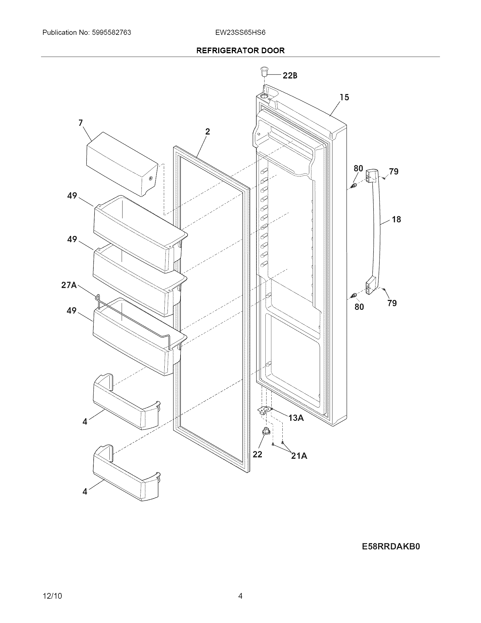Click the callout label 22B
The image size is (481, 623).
click(290, 76)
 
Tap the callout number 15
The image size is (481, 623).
click(344, 98)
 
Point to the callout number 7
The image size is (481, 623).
click(81, 123)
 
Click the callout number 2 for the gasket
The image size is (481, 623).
click(207, 131)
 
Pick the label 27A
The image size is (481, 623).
click(69, 285)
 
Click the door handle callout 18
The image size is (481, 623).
click(396, 219)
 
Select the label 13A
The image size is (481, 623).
click(296, 418)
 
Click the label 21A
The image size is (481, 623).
click(299, 456)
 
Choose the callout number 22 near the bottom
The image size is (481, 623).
click(257, 454)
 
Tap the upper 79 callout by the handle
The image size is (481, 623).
click(394, 171)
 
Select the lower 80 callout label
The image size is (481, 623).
click(359, 307)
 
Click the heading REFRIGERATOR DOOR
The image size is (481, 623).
click(240, 50)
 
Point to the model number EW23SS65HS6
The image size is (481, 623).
click(240, 33)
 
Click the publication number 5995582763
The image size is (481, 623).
click(111, 33)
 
